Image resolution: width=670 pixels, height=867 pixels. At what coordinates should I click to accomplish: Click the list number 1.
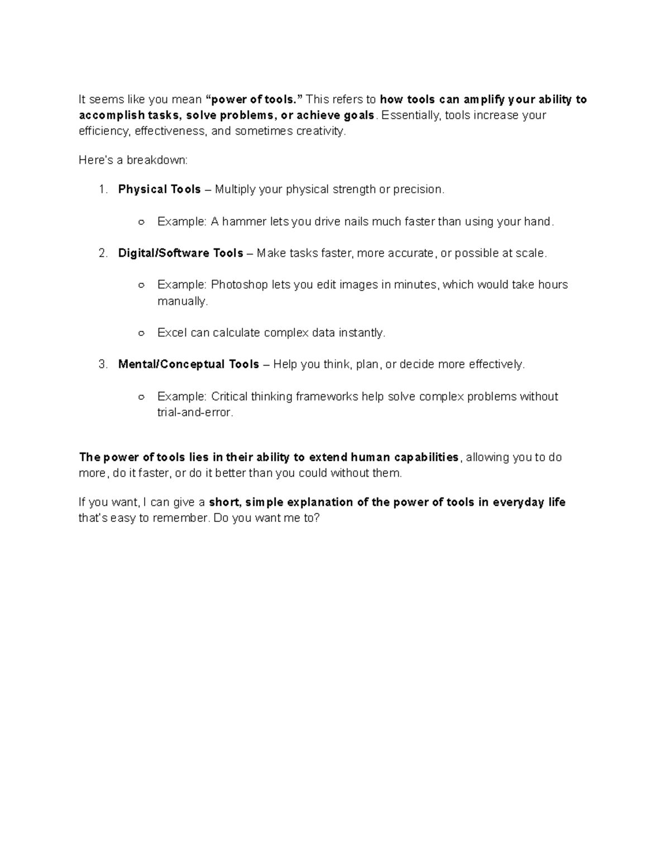103,190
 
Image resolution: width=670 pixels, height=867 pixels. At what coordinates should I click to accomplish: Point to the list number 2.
103,253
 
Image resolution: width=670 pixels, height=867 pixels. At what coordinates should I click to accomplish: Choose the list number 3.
103,365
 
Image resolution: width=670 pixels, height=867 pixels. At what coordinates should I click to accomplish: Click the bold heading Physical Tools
159,190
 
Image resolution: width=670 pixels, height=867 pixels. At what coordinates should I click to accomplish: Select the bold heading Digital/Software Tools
180,253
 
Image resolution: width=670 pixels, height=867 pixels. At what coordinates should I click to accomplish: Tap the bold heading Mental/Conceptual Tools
188,365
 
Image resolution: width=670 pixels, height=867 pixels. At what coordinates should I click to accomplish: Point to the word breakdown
157,160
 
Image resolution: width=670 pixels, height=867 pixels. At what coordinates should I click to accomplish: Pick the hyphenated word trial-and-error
194,413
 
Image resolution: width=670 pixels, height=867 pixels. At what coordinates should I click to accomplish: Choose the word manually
182,301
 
